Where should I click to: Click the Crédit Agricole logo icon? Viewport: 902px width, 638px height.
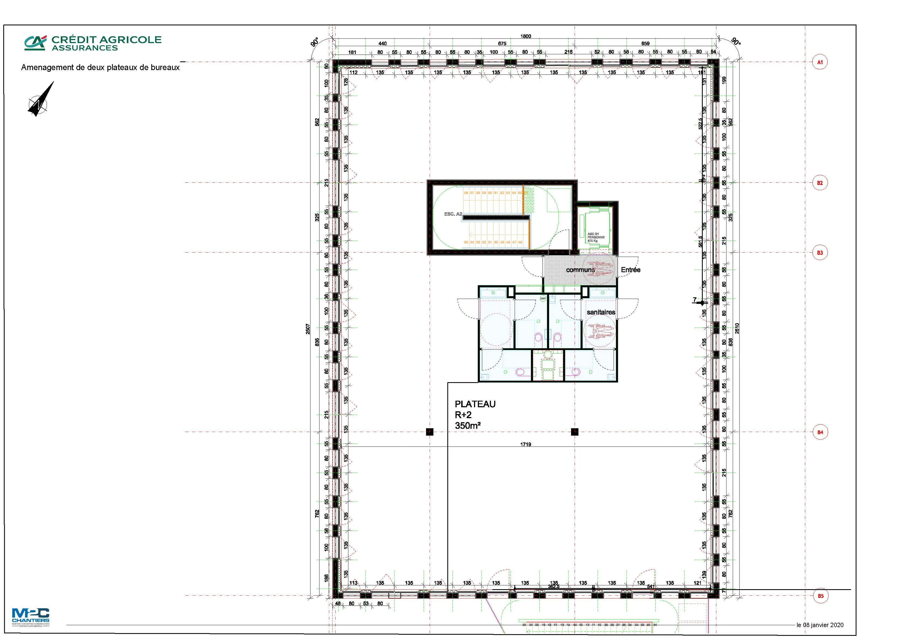(35, 43)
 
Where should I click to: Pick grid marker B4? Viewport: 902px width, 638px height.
(820, 432)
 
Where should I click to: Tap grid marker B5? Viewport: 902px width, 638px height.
(820, 596)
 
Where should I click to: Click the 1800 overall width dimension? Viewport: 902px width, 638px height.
(526, 36)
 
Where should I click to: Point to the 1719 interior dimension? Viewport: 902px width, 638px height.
(526, 445)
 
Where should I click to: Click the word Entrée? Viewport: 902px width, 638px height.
(631, 270)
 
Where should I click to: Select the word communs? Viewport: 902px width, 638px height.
(580, 270)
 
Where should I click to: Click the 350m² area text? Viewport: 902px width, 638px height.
(468, 426)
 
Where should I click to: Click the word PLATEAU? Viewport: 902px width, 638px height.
(475, 404)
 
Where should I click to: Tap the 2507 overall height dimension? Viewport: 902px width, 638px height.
(308, 329)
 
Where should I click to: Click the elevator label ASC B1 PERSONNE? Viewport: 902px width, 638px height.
(596, 237)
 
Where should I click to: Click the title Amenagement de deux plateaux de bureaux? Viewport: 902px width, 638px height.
(100, 68)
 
